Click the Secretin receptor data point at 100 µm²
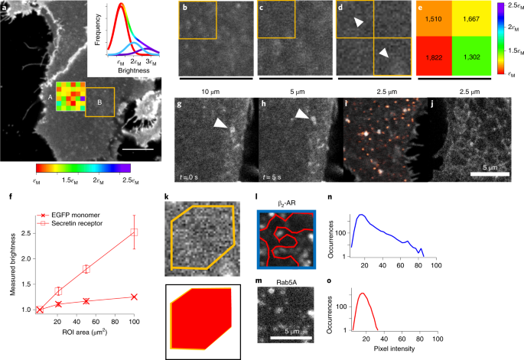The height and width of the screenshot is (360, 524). pyautogui.click(x=135, y=232)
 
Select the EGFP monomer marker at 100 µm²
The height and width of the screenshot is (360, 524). pyautogui.click(x=135, y=297)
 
